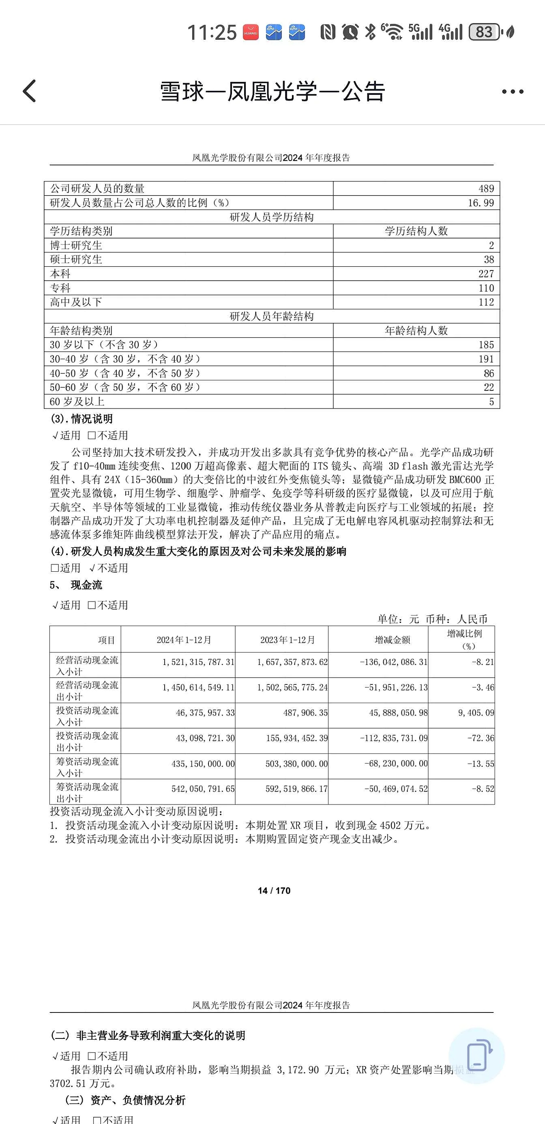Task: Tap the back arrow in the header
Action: pos(29,91)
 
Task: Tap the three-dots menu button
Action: pos(512,92)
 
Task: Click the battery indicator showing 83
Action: pos(484,32)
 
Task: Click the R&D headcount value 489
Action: pos(486,189)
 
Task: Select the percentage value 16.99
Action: pos(481,203)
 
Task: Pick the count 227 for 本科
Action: pos(486,274)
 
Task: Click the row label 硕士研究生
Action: pos(76,260)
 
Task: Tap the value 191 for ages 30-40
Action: pos(486,359)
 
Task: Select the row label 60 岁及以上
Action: pos(77,402)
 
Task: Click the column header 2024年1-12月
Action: pos(184,640)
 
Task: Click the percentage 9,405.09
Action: pos(476,713)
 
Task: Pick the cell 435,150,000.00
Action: pos(203,764)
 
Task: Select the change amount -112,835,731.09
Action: pos(394,738)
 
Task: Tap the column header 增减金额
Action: pos(392,640)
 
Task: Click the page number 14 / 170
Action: pos(274,890)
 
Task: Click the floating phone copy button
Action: pos(477,1056)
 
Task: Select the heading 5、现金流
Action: pos(76,585)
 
